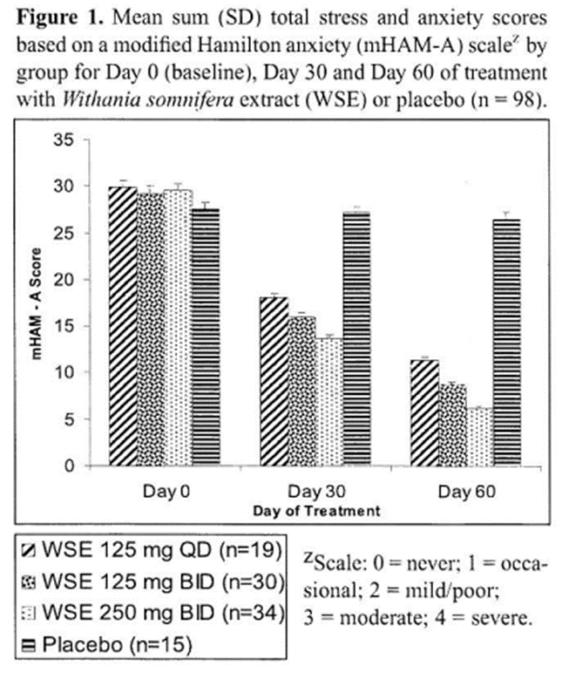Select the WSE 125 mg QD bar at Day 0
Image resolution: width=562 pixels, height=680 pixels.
click(123, 326)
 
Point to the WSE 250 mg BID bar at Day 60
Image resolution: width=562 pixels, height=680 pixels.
click(477, 436)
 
